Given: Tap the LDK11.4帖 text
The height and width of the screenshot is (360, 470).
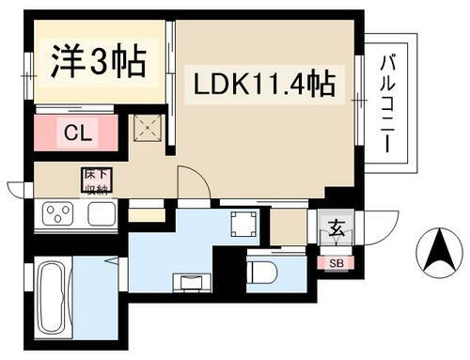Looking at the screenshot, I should [x=266, y=88].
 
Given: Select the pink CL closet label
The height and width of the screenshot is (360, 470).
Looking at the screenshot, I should [x=78, y=133].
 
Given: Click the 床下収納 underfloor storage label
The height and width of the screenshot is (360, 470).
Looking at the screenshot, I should [x=94, y=180].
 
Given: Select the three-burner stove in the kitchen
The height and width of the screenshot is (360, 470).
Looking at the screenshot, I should [x=57, y=214].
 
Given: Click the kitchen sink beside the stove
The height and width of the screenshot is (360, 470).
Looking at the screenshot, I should [x=101, y=214].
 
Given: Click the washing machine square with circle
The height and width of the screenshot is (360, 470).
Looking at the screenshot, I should [x=242, y=223].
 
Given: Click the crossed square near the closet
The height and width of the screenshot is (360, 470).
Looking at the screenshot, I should [x=147, y=125].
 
